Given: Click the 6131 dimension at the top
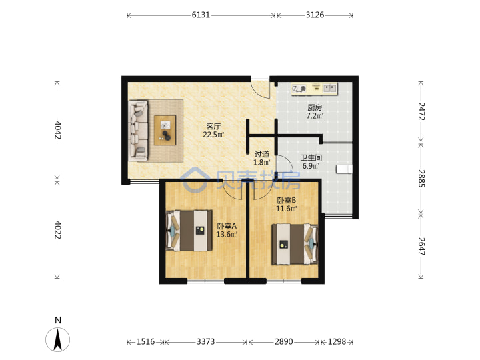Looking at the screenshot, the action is pyautogui.click(x=201, y=15).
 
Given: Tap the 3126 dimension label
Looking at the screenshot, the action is pyautogui.click(x=315, y=15).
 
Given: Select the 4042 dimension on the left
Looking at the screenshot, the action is pyautogui.click(x=57, y=130).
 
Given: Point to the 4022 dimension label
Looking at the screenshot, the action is pyautogui.click(x=57, y=230).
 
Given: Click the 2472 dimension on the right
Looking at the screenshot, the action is pyautogui.click(x=421, y=111).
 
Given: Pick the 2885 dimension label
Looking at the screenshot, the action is pyautogui.click(x=421, y=179).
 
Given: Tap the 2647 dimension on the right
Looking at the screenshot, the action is pyautogui.click(x=421, y=247).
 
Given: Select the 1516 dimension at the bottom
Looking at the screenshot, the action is pyautogui.click(x=145, y=341).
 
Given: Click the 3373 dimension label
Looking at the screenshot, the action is pyautogui.click(x=205, y=341).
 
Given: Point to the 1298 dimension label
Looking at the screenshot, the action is pyautogui.click(x=337, y=341).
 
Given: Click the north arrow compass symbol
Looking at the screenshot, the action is pyautogui.click(x=57, y=339).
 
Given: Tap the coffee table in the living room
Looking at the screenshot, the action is pyautogui.click(x=165, y=130).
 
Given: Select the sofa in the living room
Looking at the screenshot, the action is pyautogui.click(x=139, y=131).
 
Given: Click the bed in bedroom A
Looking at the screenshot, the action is pyautogui.click(x=189, y=231).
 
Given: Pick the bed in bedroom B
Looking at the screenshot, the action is pyautogui.click(x=295, y=244).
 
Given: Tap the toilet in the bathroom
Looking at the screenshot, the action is pyautogui.click(x=345, y=169).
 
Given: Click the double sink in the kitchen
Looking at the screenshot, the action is pyautogui.click(x=330, y=88).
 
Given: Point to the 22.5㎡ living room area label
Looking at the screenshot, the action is pyautogui.click(x=213, y=135).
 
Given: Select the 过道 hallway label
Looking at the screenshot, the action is pyautogui.click(x=262, y=154).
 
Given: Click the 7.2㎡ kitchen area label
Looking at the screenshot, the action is pyautogui.click(x=315, y=116).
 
